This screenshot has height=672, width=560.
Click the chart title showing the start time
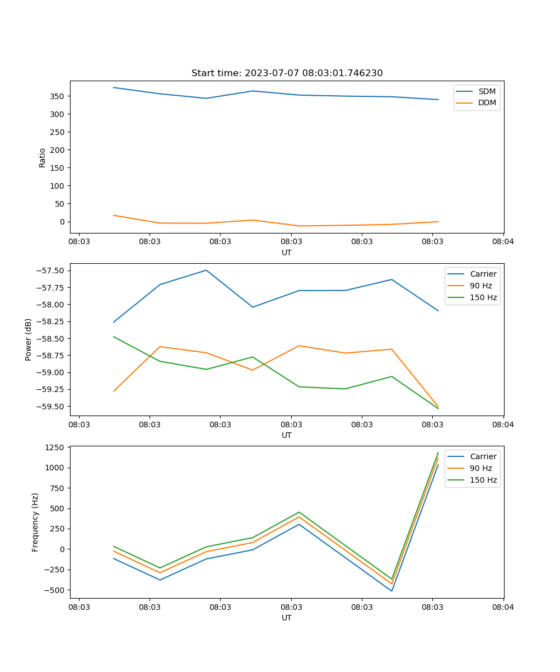[x=287, y=73]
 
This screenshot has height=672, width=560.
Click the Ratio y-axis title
[x=43, y=157]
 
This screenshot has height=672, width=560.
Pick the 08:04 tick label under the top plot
[x=503, y=242]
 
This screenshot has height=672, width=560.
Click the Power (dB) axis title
[x=29, y=339]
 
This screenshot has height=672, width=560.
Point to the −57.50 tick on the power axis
[x=52, y=270]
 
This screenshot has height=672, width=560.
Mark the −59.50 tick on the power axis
[x=52, y=407]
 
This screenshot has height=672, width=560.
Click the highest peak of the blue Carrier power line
[x=206, y=270]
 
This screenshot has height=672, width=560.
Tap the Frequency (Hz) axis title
[x=35, y=522]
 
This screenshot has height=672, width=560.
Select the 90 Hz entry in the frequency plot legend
[x=481, y=468]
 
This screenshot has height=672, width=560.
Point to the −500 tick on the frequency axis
[x=55, y=590]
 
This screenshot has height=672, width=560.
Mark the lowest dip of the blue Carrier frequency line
[x=391, y=591]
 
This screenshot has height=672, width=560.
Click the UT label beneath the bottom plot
[x=287, y=618]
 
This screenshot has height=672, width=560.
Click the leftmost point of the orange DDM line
[x=114, y=215]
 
